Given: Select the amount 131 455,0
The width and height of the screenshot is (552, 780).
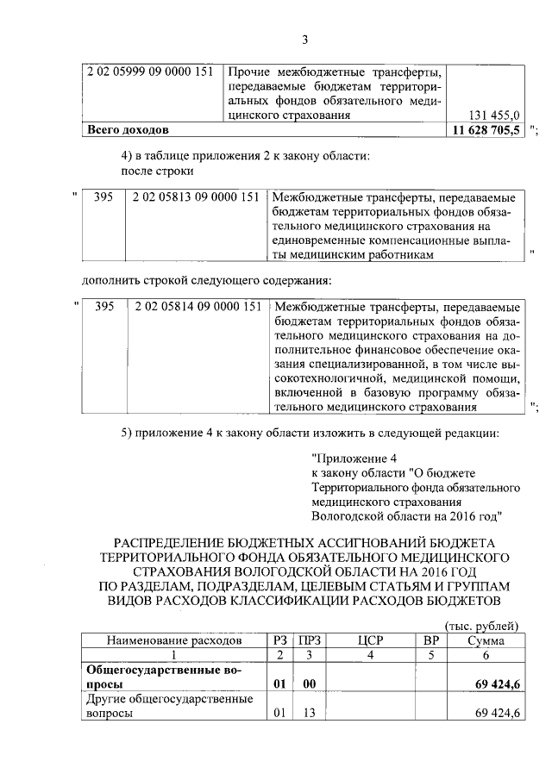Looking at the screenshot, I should click(493, 114).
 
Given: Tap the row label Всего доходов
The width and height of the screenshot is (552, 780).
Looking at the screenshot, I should click(126, 130).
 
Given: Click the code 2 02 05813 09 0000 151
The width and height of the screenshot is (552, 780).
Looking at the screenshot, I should click(197, 197).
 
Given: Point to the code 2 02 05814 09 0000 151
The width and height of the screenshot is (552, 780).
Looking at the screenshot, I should click(197, 307).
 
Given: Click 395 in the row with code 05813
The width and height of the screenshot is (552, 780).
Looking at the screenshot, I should click(103, 197).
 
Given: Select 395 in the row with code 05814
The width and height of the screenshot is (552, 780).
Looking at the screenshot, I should click(103, 307).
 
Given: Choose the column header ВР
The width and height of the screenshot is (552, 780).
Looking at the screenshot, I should click(431, 640).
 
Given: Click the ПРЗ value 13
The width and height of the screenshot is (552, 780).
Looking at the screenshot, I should click(307, 714).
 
